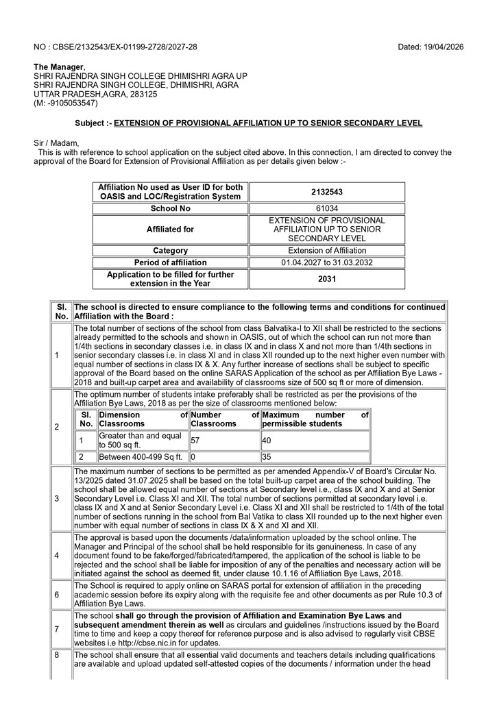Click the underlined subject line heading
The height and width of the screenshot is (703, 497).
268,123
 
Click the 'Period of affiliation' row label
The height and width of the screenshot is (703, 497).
171,262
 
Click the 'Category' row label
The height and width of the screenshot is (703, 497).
171,251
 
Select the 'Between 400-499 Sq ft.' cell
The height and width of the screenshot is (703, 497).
141,456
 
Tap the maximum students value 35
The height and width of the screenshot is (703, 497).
267,456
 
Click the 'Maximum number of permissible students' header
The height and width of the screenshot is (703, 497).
315,419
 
